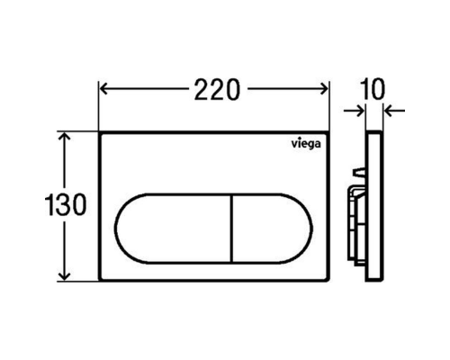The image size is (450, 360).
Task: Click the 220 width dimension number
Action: coord(217,89)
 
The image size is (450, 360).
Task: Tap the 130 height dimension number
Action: coord(66,205)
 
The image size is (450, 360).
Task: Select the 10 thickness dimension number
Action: coord(373,89)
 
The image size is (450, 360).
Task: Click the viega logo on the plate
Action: coord(306,144)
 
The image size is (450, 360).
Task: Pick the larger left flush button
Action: coord(173,229)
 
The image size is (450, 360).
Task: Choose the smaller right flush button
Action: coord(272,229)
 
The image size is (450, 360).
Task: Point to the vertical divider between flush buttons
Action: coord(231,229)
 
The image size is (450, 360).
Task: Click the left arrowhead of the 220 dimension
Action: coord(103,89)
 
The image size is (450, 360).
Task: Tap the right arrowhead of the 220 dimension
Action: coord(324,89)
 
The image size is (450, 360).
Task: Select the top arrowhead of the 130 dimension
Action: coord(65,137)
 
